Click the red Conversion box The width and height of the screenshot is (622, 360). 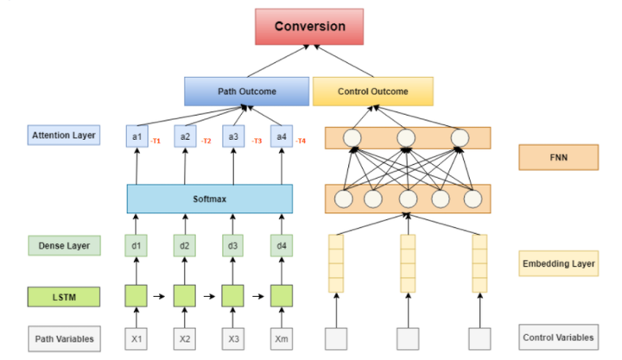click(x=310, y=26)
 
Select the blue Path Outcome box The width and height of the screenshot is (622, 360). click(x=246, y=91)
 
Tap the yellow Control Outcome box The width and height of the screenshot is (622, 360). click(x=372, y=91)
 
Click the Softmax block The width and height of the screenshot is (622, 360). click(x=210, y=199)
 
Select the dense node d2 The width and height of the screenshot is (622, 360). click(x=185, y=246)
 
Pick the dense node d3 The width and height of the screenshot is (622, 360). click(x=233, y=246)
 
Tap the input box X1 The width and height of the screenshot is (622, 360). click(x=136, y=338)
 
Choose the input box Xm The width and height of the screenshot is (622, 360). click(x=282, y=338)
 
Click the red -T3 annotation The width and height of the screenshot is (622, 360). click(x=257, y=141)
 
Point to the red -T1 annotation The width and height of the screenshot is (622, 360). click(x=156, y=141)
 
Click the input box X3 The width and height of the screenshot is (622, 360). click(x=233, y=338)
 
